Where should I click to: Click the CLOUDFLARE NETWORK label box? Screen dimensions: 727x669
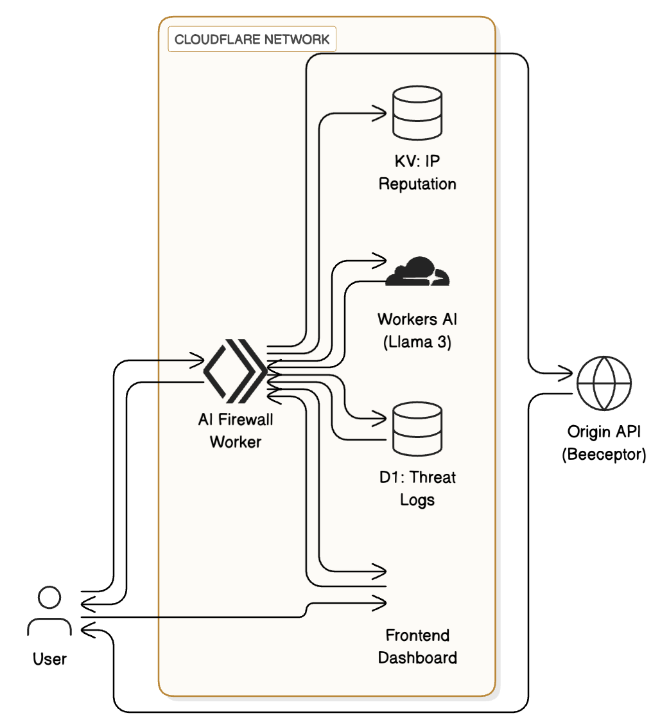(252, 39)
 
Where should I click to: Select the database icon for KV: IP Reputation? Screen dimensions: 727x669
(417, 114)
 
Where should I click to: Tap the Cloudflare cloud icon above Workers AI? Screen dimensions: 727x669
(417, 272)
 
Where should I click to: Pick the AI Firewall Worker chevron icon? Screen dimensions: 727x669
(234, 371)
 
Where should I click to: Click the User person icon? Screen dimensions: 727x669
(49, 611)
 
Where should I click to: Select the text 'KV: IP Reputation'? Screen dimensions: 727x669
(417, 173)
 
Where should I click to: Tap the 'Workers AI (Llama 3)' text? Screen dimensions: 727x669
(417, 331)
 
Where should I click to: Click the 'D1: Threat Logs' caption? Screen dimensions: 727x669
(417, 488)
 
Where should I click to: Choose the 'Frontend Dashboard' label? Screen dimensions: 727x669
(417, 647)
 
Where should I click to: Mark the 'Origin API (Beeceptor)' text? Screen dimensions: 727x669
(604, 442)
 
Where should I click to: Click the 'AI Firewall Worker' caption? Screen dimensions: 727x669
(235, 430)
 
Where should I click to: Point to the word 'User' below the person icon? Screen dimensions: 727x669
(49, 659)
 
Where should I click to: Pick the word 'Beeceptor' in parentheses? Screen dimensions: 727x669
(604, 455)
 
